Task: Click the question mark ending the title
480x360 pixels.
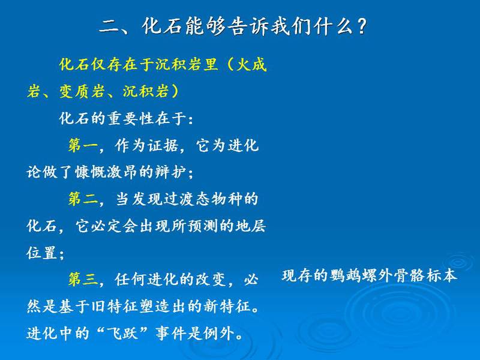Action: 362,25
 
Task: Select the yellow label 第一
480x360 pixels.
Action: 83,145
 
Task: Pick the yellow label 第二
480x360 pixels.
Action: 83,199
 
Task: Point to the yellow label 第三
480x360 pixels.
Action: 83,280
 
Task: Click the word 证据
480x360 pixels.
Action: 163,145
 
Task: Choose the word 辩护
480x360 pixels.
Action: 170,172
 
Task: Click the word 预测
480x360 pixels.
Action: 202,226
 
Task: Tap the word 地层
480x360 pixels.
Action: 250,226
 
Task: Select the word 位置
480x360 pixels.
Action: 41,253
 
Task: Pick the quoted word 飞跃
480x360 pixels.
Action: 122,333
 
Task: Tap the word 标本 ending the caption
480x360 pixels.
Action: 442,276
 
